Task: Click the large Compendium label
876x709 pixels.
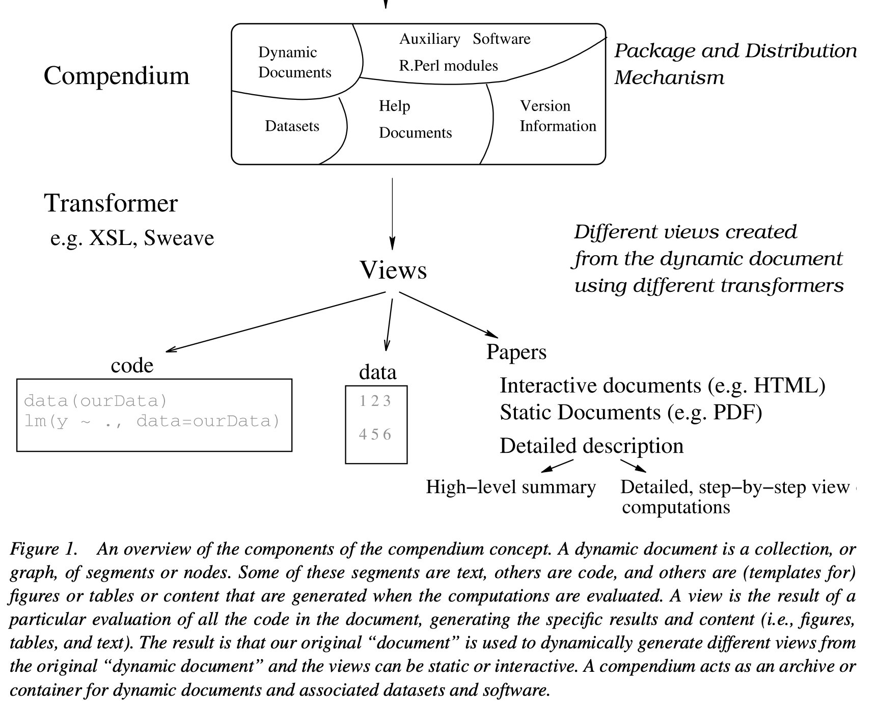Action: [x=116, y=76]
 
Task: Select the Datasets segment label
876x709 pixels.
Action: [x=292, y=126]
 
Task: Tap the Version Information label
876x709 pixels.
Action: [x=557, y=116]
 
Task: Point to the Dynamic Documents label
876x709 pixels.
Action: [x=294, y=62]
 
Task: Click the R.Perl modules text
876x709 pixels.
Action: [x=448, y=66]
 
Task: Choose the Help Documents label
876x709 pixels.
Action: [x=415, y=119]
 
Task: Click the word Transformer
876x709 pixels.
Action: [x=111, y=203]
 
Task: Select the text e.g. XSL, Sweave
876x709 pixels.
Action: [x=132, y=238]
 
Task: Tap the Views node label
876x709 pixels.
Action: [x=393, y=270]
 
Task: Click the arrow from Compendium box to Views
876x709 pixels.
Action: [x=392, y=214]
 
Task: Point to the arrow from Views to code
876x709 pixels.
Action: [x=275, y=322]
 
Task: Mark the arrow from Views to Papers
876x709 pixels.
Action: [x=448, y=314]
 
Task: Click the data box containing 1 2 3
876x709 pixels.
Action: [x=376, y=424]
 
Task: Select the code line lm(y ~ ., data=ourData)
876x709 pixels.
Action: [x=152, y=422]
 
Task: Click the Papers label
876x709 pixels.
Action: [x=516, y=352]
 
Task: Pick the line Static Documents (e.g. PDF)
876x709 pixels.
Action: [x=631, y=412]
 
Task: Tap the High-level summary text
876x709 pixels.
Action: [x=510, y=487]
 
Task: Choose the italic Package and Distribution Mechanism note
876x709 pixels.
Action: [x=734, y=64]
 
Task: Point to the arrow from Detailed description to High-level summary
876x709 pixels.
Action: [x=557, y=466]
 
